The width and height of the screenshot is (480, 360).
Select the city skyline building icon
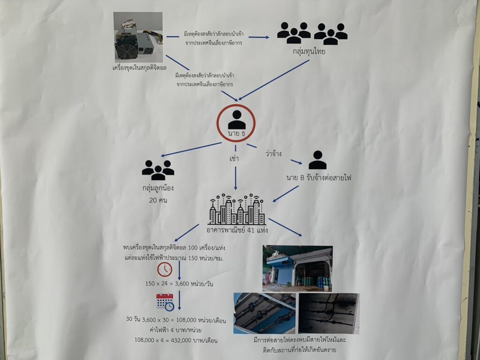[x=237, y=209]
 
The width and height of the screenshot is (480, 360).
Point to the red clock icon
[x=165, y=270]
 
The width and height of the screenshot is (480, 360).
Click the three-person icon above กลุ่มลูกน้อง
[x=158, y=170]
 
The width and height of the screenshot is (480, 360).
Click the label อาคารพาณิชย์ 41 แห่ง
[x=237, y=231]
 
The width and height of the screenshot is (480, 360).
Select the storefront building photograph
[x=297, y=268]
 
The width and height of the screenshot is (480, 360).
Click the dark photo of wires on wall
[x=329, y=313]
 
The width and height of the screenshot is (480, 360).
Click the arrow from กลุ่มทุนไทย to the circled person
[x=275, y=79]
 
